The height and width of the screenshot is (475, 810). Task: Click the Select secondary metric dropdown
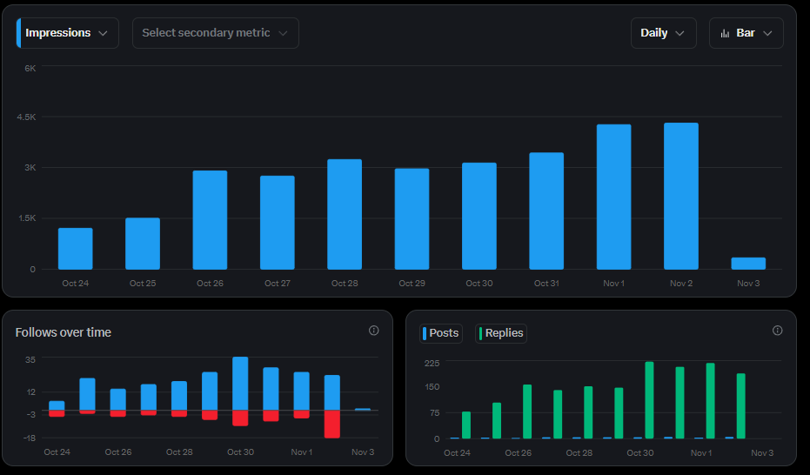[215, 33]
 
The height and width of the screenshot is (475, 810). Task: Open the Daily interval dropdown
[663, 33]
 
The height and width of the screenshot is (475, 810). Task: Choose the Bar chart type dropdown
[746, 33]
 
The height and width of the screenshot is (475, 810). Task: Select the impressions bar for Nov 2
[680, 196]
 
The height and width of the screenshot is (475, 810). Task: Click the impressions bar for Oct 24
[76, 248]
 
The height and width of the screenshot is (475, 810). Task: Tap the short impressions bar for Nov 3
[748, 263]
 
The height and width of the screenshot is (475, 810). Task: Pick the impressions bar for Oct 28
[345, 214]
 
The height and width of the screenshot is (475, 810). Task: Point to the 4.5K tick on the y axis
[24, 117]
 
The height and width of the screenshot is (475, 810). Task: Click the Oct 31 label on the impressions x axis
[546, 284]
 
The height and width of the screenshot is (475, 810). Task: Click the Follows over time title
[64, 332]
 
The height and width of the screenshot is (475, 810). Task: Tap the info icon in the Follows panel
[374, 331]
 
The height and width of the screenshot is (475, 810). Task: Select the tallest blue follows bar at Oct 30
[240, 383]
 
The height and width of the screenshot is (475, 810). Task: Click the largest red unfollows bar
[331, 424]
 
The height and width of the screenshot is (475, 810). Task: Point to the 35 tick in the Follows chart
[30, 359]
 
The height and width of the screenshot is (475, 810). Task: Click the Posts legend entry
[441, 333]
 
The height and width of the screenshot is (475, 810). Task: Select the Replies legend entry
[501, 333]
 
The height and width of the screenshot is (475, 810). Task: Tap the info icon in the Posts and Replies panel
[778, 331]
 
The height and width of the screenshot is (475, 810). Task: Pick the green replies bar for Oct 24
[466, 425]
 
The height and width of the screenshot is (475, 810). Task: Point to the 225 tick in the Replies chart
[432, 363]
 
